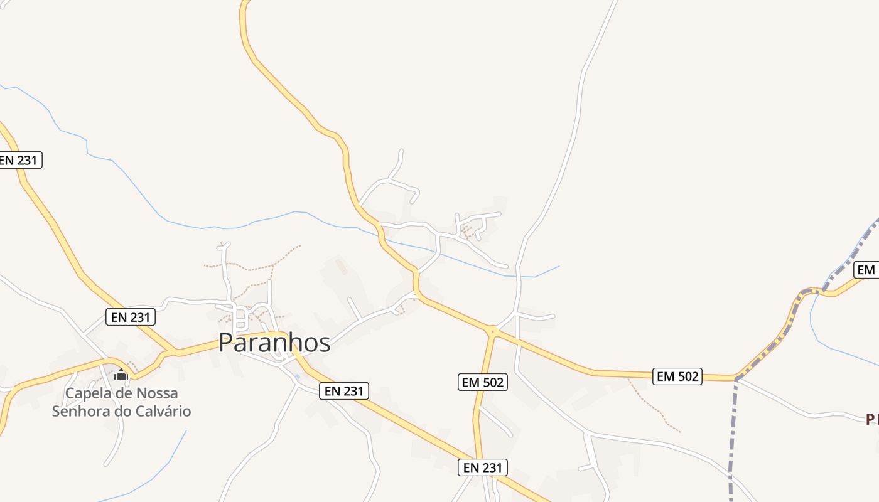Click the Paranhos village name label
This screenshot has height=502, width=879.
274,343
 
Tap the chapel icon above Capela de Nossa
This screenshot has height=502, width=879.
121,375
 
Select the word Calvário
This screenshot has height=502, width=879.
162,412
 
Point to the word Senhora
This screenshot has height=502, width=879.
78,412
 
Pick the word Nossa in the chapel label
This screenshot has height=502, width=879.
157,393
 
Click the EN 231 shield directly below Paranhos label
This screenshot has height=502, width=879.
344,391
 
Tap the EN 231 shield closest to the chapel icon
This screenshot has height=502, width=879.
131,317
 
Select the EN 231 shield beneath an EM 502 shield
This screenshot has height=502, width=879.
482,467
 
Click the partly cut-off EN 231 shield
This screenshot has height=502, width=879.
19,160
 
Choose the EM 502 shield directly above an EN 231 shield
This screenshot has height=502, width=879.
482,382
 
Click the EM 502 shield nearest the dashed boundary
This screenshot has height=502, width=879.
677,376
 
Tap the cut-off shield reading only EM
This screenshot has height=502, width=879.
866,270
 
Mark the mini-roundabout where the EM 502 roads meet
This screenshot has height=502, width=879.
493,330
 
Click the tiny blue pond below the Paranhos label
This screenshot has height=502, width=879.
298,376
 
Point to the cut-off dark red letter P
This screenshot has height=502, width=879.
871,419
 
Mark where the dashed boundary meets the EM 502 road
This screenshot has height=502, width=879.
736,378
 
